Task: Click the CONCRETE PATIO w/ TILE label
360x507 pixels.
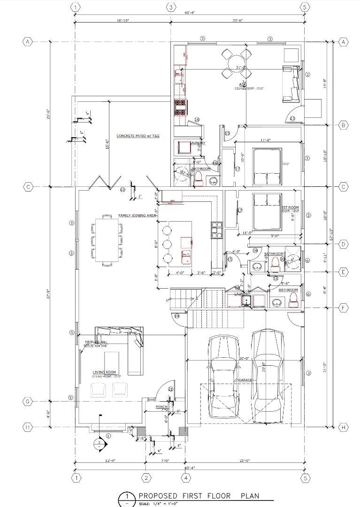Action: point(138,136)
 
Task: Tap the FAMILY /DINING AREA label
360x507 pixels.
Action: point(137,215)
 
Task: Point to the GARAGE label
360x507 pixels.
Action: point(245,380)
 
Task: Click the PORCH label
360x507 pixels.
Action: point(161,407)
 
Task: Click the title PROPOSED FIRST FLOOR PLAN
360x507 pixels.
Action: point(199,496)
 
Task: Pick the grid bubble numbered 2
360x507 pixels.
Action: point(146,478)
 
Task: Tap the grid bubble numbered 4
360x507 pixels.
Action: point(186,478)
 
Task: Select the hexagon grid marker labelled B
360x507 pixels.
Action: point(343,125)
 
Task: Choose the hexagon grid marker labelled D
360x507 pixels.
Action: point(343,244)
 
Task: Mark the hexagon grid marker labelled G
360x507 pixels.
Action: point(28,401)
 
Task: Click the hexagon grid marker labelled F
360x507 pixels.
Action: point(343,307)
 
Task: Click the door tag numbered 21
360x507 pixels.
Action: point(171,389)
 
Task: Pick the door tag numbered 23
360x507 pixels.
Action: point(292,119)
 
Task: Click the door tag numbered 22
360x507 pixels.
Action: point(123,190)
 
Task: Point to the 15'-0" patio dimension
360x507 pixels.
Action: point(107,144)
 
